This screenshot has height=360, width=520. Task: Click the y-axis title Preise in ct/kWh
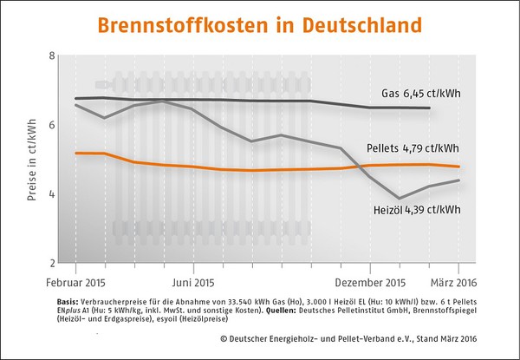[32, 160]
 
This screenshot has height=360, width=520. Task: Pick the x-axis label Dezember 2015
[371, 282]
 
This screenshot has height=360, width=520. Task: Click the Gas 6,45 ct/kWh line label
[419, 93]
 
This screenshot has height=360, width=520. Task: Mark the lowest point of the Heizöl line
[399, 198]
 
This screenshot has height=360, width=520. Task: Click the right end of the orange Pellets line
[459, 166]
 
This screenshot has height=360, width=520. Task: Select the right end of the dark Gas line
[430, 108]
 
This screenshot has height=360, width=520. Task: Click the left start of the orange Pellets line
[76, 153]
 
